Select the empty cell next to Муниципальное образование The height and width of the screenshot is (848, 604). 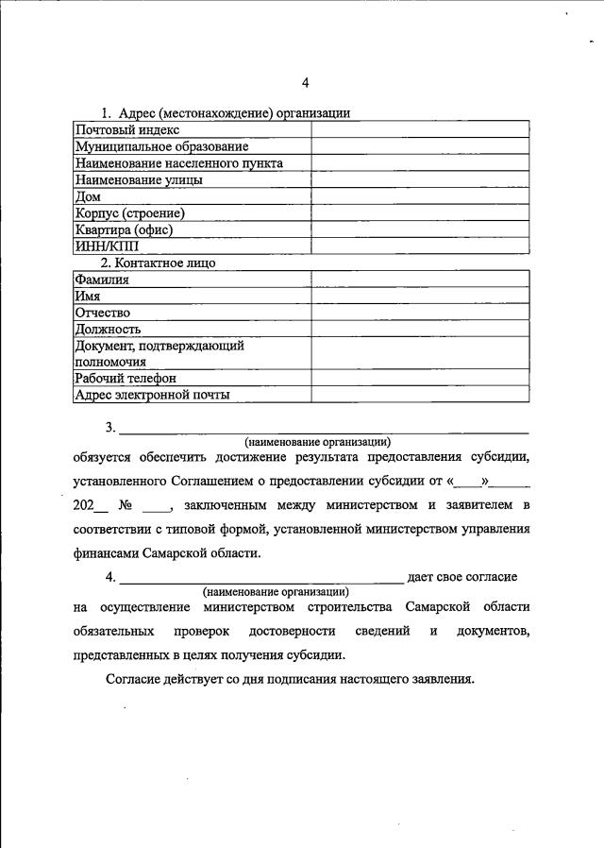(420, 146)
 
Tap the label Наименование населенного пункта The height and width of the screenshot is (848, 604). (178, 162)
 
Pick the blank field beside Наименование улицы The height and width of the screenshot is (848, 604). (420, 179)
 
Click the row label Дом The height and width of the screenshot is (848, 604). (87, 196)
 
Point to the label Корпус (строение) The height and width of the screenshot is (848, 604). (129, 212)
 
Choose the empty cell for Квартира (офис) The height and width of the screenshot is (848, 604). (420, 229)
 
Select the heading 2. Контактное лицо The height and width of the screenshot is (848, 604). (162, 262)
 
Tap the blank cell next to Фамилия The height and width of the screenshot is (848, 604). (420, 279)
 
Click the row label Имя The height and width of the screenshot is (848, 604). (88, 296)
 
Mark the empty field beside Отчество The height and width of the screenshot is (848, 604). (420, 312)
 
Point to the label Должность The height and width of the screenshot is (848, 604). (108, 329)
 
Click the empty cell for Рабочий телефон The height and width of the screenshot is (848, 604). (420, 379)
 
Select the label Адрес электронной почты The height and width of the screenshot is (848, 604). (152, 395)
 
